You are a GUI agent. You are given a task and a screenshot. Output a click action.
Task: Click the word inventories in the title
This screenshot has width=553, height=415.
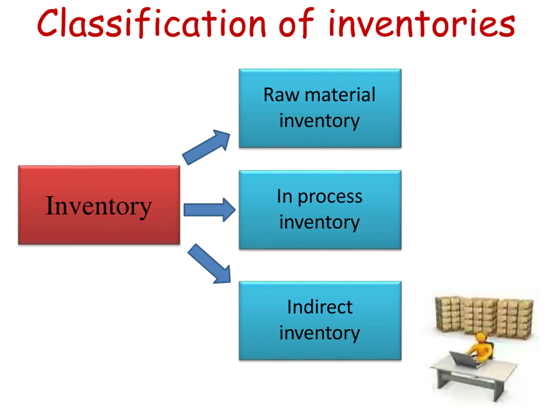click(x=422, y=23)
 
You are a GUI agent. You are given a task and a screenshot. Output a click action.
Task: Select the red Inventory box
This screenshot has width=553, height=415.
click(x=99, y=205)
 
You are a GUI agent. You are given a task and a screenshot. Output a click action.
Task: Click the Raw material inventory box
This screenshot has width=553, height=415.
click(x=320, y=108)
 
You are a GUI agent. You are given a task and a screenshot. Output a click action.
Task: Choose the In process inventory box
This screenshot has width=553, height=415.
click(x=320, y=210)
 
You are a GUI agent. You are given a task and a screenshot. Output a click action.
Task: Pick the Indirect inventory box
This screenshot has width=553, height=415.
click(x=320, y=321)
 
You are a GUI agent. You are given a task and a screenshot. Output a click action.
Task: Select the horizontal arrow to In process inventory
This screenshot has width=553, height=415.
click(x=210, y=210)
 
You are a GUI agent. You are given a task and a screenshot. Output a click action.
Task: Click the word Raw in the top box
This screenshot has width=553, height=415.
click(x=281, y=95)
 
